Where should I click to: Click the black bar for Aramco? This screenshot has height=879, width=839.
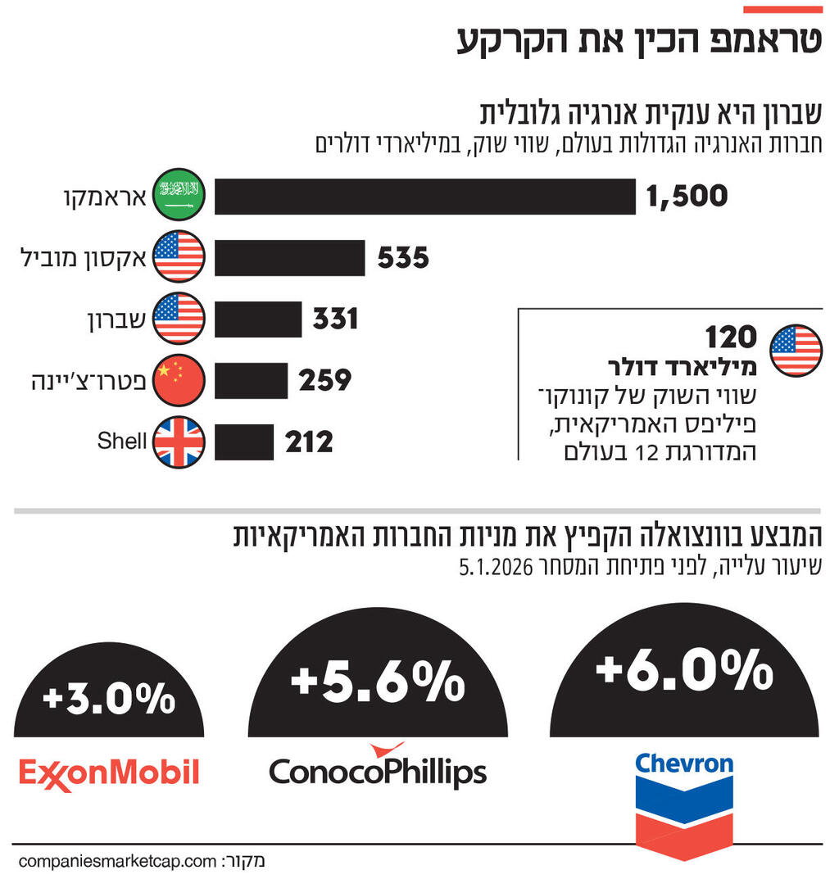[424, 197]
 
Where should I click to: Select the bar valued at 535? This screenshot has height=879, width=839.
[289, 258]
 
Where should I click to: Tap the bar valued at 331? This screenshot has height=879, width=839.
[258, 319]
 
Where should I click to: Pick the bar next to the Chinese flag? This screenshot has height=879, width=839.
[251, 381]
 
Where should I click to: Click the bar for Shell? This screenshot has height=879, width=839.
[244, 442]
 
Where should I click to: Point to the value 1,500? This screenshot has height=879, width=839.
[687, 197]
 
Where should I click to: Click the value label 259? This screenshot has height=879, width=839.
[325, 381]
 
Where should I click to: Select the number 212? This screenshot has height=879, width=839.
[310, 442]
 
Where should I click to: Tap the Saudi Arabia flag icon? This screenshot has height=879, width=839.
[179, 195]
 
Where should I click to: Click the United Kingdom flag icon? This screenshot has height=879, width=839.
[179, 442]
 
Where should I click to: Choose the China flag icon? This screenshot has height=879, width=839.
[179, 381]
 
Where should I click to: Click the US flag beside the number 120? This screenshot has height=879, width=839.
[796, 351]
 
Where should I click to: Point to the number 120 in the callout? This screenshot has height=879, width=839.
[731, 338]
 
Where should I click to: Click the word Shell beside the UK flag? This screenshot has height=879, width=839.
[121, 441]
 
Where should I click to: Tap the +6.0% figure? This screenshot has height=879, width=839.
[684, 669]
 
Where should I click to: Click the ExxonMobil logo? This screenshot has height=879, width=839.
[109, 773]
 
